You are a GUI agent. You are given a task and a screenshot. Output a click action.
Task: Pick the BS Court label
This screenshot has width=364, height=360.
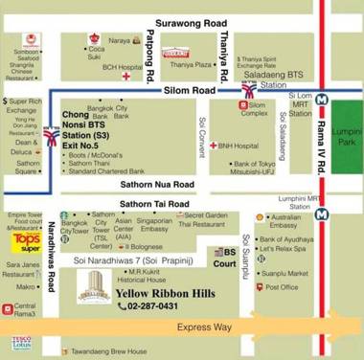pyautogui.click(x=221, y=257)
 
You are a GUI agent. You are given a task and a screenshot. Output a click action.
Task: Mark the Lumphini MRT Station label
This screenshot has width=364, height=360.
pyautogui.click(x=296, y=199)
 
